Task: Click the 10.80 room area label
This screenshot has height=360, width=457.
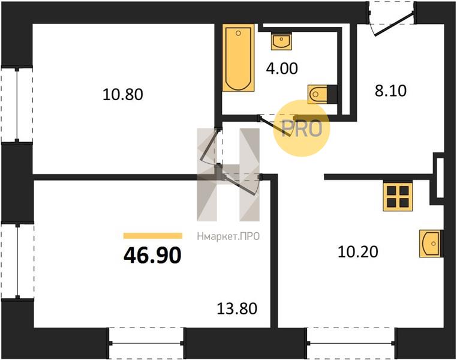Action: coord(123,95)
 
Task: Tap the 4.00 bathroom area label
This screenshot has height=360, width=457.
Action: coord(282,69)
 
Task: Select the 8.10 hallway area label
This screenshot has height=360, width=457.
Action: coord(390,91)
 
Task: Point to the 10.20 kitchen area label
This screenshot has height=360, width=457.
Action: coord(358,251)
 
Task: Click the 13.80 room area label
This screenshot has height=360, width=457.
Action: coord(237,308)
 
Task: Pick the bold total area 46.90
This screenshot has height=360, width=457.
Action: coord(152,255)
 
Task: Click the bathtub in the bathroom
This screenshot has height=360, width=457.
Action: coord(238,58)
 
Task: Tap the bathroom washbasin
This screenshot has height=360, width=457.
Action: coord(281,41)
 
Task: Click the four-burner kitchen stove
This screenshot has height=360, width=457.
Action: coord(398,196)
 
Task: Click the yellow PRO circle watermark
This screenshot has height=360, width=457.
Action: coord(301,128)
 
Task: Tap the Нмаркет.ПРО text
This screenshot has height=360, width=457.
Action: coord(228,236)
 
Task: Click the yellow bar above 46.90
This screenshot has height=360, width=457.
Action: coord(153,236)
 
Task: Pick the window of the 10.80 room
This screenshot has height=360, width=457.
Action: coord(17,105)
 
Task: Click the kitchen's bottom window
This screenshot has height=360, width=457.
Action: coord(351,343)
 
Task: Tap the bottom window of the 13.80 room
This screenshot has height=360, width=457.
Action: coord(146,343)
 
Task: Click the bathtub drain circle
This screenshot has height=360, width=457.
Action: coord(239,33)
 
